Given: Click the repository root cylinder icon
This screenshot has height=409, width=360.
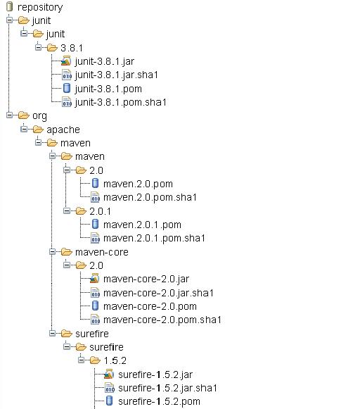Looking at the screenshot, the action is [x=9, y=7].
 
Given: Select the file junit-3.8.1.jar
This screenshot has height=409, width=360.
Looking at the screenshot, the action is [x=105, y=61].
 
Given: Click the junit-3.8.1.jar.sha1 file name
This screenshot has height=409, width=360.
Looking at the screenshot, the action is [x=117, y=75].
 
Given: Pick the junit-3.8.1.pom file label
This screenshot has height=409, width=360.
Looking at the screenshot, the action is [x=108, y=89].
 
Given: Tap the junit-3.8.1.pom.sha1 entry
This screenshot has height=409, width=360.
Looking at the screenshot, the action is [x=121, y=102].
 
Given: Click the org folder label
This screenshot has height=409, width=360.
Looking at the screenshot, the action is [x=39, y=116].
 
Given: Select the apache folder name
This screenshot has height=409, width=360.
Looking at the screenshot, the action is [x=63, y=130].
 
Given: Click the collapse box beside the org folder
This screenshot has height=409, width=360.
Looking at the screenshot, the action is [x=9, y=115].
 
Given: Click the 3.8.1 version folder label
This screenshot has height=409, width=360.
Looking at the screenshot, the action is [x=72, y=48].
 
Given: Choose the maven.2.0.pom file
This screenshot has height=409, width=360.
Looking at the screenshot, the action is [x=138, y=184].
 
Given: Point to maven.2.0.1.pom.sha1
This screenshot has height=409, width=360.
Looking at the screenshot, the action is [x=154, y=238].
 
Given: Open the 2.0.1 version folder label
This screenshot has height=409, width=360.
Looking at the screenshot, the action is [x=100, y=211].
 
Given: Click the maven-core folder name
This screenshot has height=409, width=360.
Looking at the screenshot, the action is [x=101, y=252].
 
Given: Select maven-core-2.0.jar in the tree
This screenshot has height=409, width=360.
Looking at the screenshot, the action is [x=146, y=279].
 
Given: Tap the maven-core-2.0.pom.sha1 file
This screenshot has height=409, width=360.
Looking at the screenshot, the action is [x=162, y=320].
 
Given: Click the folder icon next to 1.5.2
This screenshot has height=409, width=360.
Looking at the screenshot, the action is [x=95, y=360].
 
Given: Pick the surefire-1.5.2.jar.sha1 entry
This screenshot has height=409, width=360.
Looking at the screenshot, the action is [x=167, y=388].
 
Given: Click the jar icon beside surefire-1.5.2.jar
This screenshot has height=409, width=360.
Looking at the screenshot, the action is [x=109, y=374].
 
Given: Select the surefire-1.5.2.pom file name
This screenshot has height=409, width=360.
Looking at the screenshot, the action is [x=159, y=401].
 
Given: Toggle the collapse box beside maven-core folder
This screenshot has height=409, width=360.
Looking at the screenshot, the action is [x=52, y=251].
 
